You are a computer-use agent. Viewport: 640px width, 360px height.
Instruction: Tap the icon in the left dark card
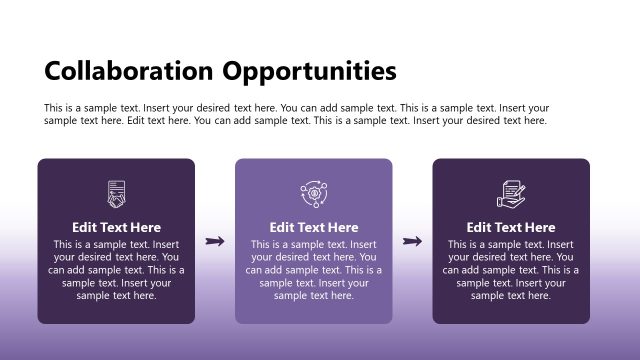point(116,193)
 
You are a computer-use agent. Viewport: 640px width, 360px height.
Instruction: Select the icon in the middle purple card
point(313,193)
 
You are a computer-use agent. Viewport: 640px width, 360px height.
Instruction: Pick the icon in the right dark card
point(511,193)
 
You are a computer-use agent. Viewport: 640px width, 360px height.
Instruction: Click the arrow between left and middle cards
point(214,241)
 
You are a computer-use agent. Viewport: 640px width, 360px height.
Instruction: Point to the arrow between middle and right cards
point(411,241)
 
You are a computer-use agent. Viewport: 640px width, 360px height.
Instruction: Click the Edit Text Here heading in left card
point(116,227)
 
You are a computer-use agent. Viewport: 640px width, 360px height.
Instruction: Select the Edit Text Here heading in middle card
point(313,227)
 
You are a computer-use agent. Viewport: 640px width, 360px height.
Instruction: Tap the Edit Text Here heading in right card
point(511,227)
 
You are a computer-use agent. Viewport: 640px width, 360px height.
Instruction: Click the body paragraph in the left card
point(116,270)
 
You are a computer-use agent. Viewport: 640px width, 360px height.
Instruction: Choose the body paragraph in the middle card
point(313,270)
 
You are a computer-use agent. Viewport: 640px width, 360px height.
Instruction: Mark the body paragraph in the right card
point(511,270)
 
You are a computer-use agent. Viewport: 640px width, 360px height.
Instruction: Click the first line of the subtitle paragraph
point(296,108)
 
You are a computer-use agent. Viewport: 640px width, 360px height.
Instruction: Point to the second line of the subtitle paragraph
point(295,121)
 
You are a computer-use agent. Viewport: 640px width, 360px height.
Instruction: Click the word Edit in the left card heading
point(86,227)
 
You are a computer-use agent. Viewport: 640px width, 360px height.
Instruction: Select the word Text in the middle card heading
point(312,227)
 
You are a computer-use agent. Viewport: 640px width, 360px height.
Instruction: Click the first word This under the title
point(54,108)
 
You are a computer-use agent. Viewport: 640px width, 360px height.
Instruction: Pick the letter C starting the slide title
point(53,71)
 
